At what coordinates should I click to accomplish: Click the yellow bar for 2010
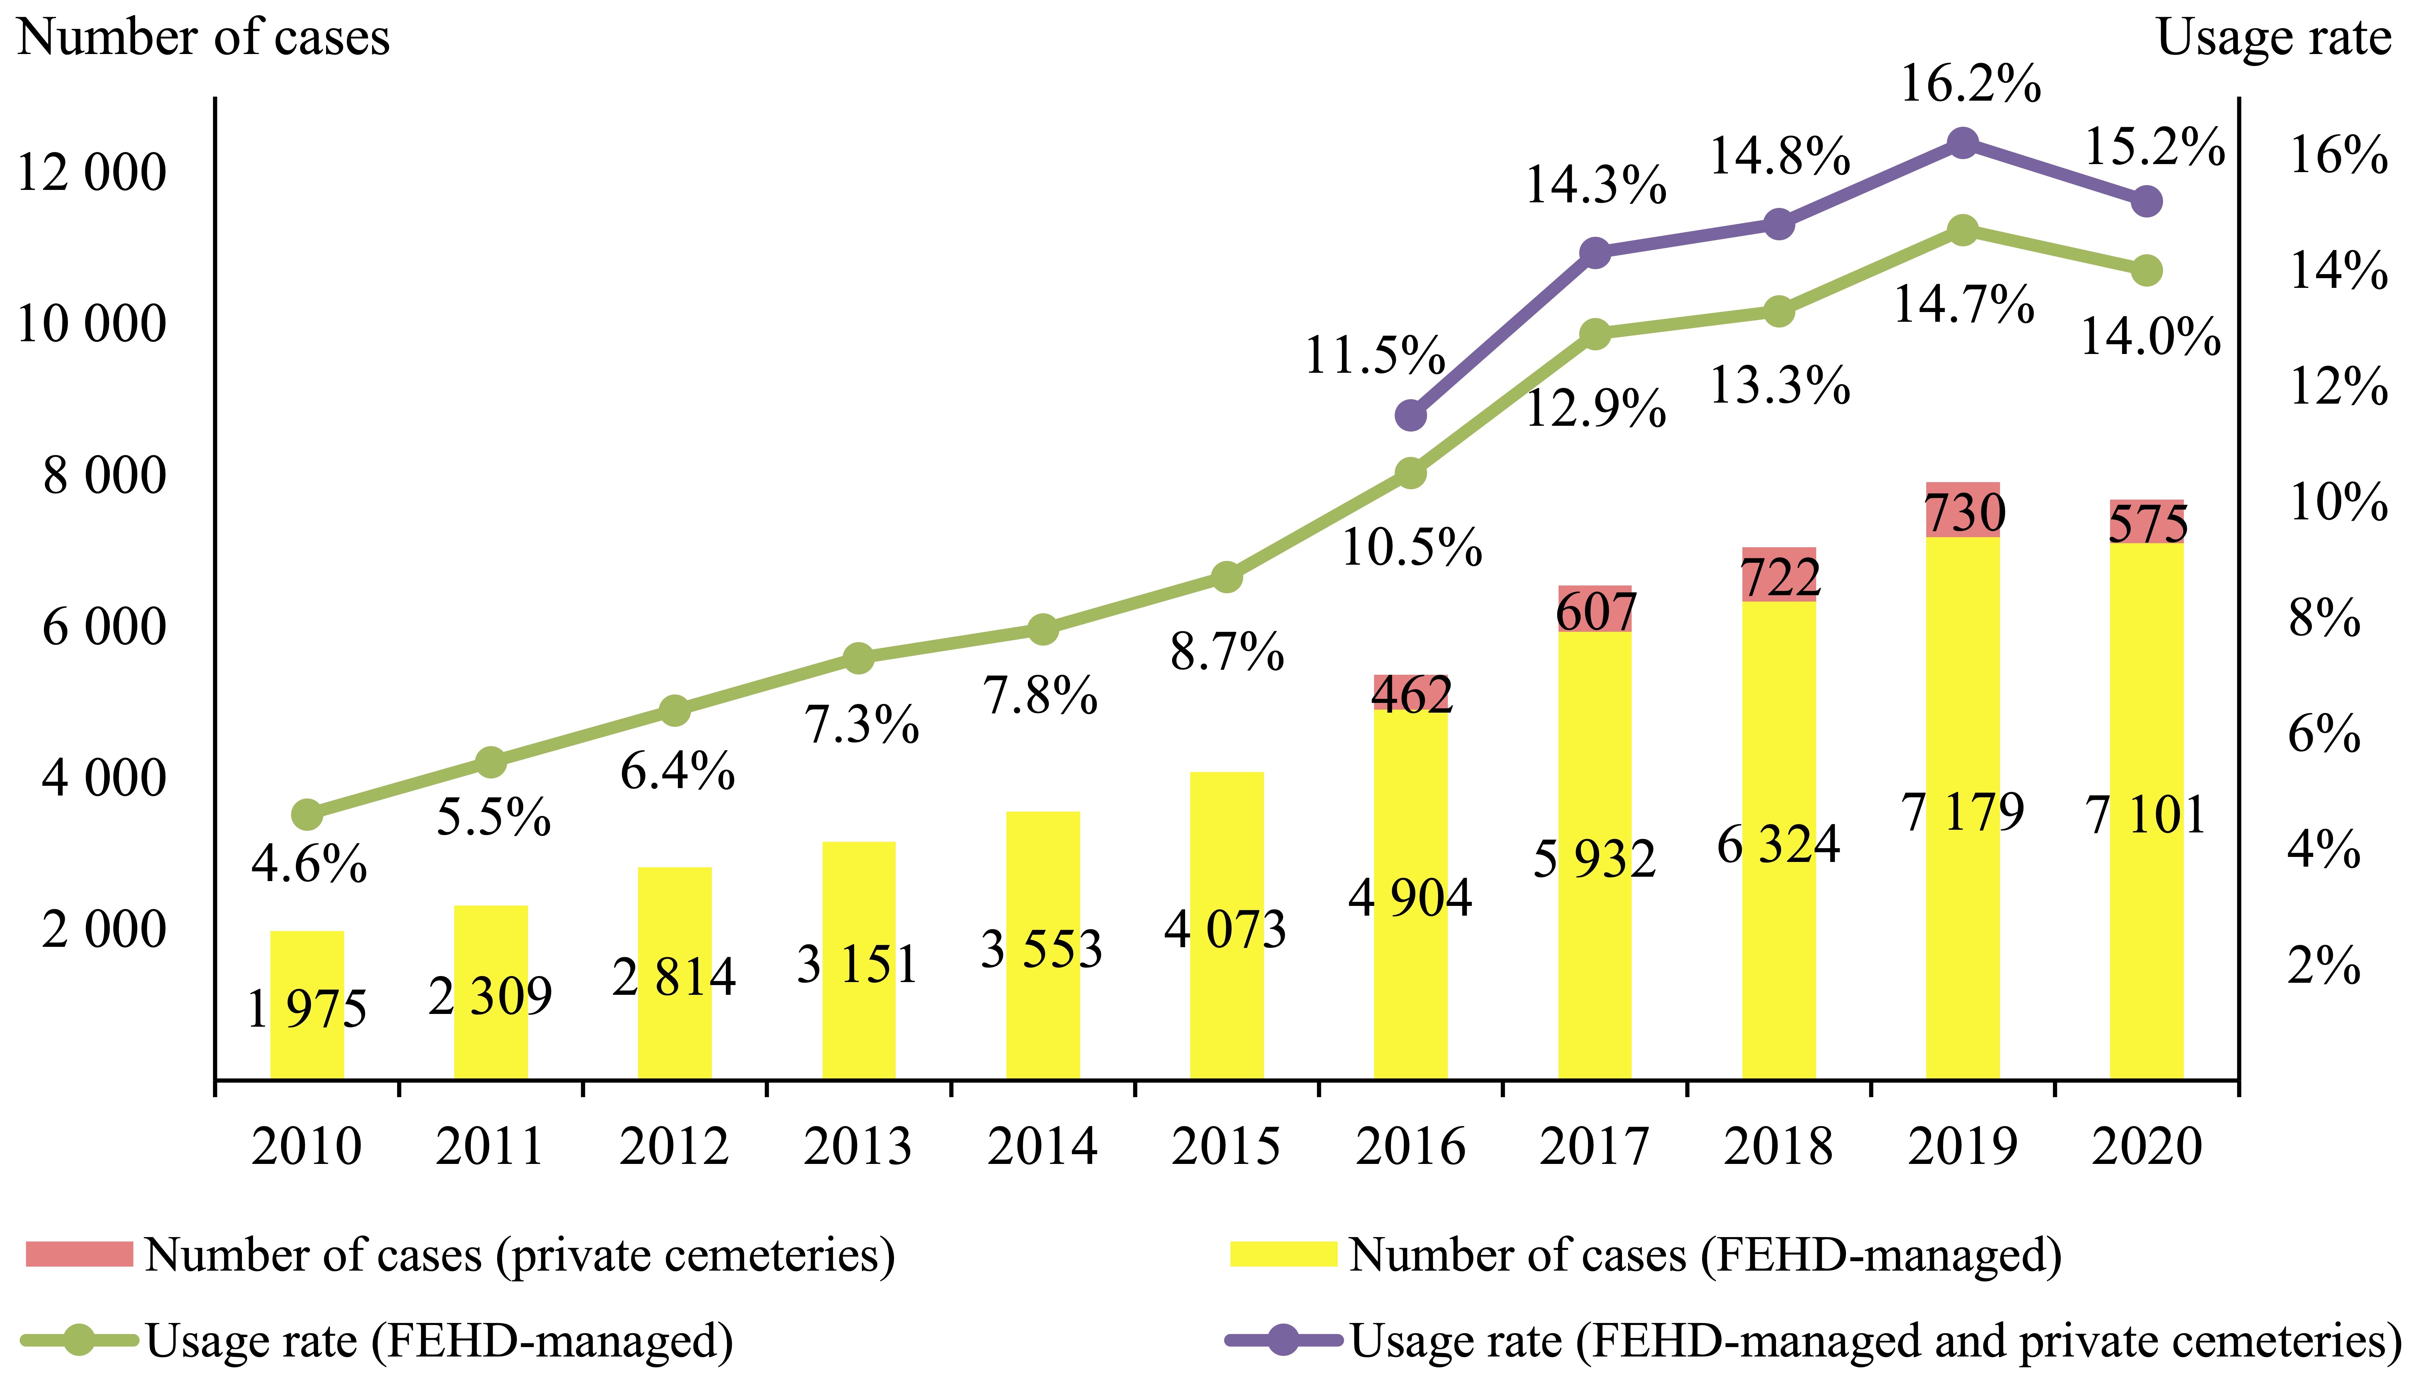pyautogui.click(x=307, y=1006)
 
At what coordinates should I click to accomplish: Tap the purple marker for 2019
pyautogui.click(x=1962, y=143)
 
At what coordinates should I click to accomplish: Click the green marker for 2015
pyautogui.click(x=1227, y=577)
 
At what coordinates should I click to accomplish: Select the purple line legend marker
pyautogui.click(x=1284, y=1339)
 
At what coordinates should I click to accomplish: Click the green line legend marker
pyautogui.click(x=80, y=1339)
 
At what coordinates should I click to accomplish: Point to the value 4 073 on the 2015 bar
pyautogui.click(x=1225, y=929)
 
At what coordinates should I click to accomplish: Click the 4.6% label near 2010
pyautogui.click(x=308, y=864)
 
